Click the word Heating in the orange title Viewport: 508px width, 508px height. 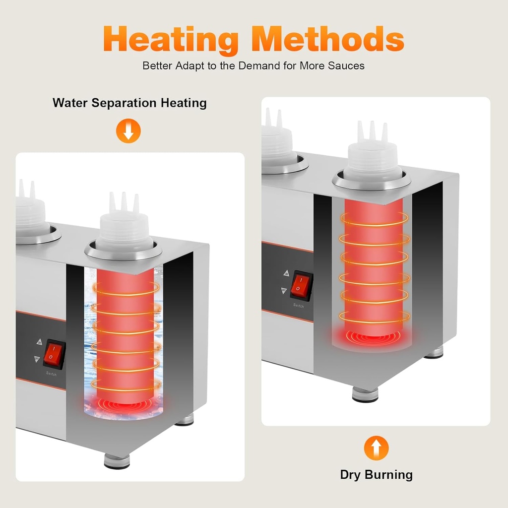click(171, 40)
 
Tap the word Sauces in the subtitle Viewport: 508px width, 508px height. click(346, 66)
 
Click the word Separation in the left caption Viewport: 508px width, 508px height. click(125, 103)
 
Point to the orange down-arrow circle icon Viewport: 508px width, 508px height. click(128, 131)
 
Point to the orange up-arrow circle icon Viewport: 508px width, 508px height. click(376, 448)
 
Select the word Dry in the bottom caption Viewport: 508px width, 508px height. click(351, 475)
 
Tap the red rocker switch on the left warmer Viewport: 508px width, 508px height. click(54, 354)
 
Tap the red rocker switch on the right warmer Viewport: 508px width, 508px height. click(301, 285)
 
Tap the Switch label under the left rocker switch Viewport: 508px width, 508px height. click(51, 374)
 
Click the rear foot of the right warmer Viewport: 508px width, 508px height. click(434, 352)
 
